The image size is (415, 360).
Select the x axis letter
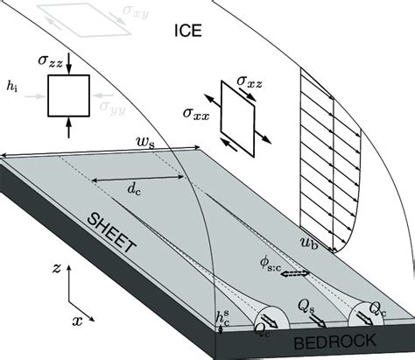(x=77, y=321)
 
